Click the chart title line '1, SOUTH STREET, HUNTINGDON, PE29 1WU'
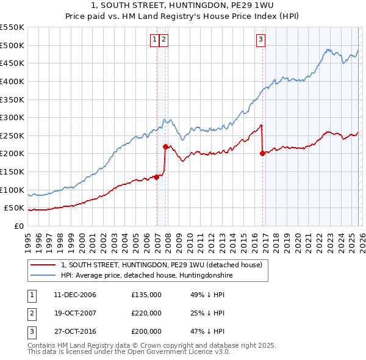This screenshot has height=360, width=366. (182, 7)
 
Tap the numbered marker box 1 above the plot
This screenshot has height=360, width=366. (155, 40)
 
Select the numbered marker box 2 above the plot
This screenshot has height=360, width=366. (165, 40)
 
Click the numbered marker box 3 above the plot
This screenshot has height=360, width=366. (260, 40)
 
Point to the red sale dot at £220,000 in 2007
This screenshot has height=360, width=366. (165, 146)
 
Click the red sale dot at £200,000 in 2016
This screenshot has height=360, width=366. (262, 154)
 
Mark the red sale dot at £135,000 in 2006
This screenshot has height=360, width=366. (156, 177)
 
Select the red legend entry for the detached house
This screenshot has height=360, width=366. (161, 265)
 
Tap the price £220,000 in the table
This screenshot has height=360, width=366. (146, 313)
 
